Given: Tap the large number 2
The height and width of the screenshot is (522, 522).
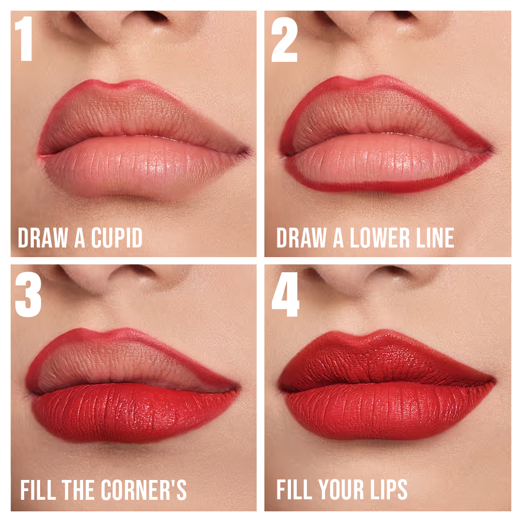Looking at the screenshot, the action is (x=284, y=40).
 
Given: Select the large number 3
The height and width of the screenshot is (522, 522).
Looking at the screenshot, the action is (x=29, y=294).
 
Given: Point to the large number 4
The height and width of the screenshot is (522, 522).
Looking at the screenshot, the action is (x=285, y=294).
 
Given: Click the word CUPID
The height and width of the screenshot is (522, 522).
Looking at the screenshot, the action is (x=116, y=238).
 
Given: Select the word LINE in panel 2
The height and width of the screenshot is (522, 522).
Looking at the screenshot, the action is (x=435, y=238).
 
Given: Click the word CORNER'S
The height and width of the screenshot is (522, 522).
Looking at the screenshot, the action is (x=144, y=490).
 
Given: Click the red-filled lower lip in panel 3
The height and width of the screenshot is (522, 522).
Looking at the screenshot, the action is (x=133, y=413).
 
